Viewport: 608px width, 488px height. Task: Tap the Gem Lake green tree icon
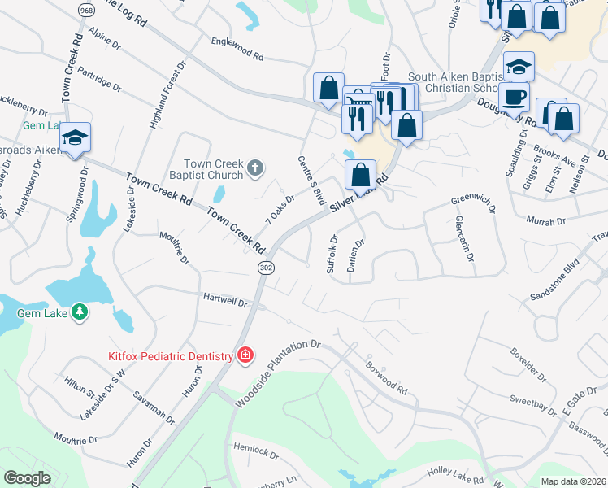(80, 312)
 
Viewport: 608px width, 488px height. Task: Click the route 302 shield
(265, 268)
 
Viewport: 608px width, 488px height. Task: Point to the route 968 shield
(85, 8)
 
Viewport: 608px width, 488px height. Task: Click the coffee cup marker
(513, 98)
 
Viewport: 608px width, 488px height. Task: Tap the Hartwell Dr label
(225, 300)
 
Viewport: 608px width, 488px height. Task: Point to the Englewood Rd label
(237, 50)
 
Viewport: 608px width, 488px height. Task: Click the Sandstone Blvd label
(554, 278)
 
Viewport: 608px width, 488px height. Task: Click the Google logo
(28, 478)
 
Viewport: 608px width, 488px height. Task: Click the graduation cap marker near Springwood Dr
(75, 137)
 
